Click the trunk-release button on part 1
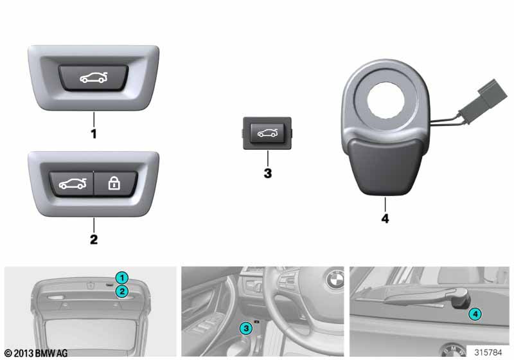click(93, 78)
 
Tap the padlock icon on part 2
click(114, 183)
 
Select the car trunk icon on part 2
click(73, 184)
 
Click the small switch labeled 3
click(267, 133)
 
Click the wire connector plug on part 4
click(484, 102)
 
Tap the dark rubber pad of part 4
click(385, 166)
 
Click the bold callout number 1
click(94, 134)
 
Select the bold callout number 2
click(94, 239)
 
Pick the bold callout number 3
click(268, 173)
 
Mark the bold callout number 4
click(385, 219)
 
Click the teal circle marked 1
click(122, 278)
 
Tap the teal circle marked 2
click(122, 291)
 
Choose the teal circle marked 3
click(246, 328)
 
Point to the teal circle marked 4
click(475, 314)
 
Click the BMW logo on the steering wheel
click(335, 280)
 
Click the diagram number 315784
click(488, 352)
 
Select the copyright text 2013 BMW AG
click(36, 353)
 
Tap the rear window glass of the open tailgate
click(91, 334)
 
